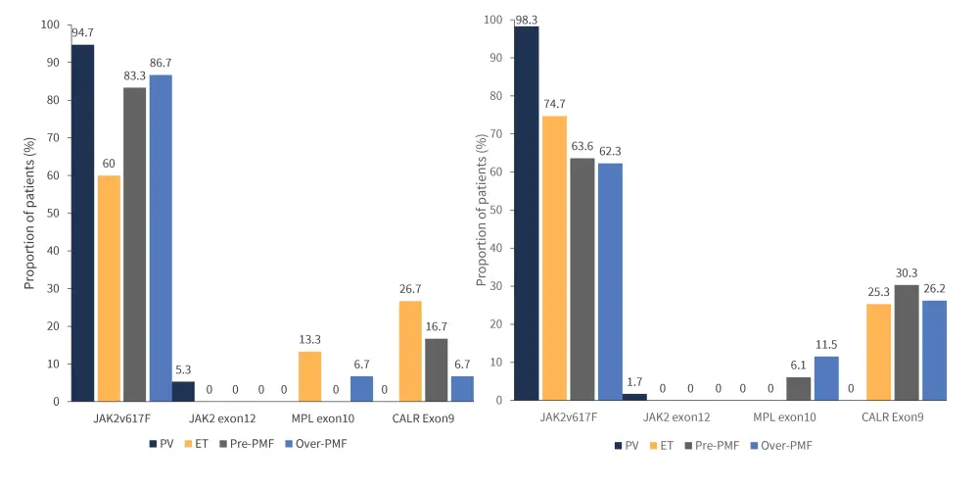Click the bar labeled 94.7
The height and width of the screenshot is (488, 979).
[x=82, y=223]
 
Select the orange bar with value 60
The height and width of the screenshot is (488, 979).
[x=109, y=289]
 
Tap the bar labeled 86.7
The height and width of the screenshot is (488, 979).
[x=160, y=238]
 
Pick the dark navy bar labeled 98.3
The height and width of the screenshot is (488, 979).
[x=527, y=214]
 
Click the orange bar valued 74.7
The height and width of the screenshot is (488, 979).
[x=554, y=258]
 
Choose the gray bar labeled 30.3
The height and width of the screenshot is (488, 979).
[x=906, y=343]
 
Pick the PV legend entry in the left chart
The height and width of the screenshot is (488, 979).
[x=162, y=443]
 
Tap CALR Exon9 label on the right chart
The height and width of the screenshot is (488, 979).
[x=891, y=416]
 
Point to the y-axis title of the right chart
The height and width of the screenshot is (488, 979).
[x=482, y=211]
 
